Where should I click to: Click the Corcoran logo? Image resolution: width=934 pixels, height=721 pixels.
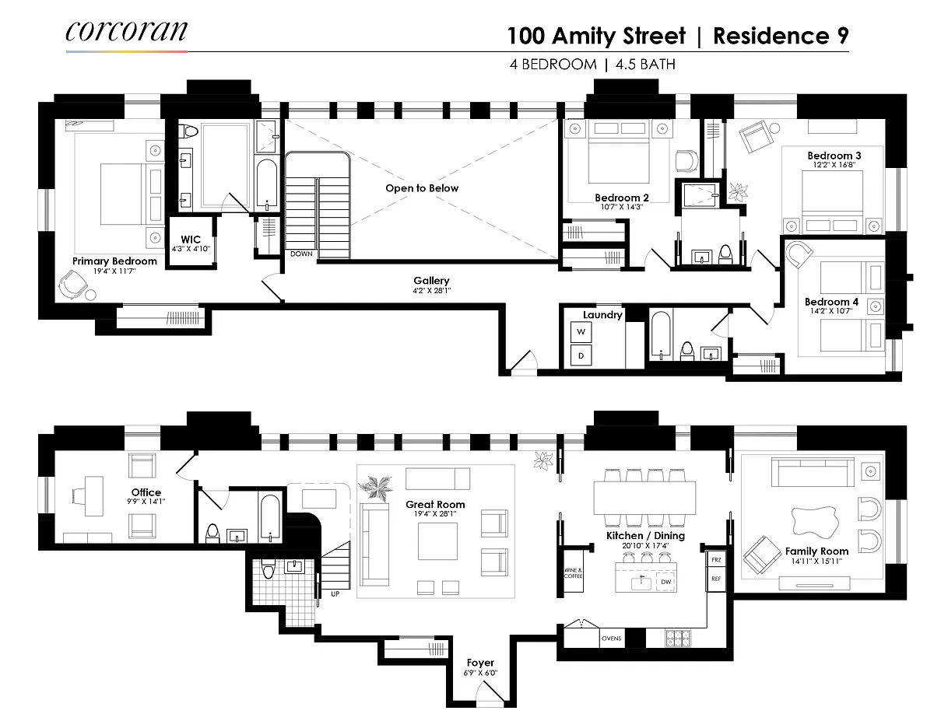tap(126, 31)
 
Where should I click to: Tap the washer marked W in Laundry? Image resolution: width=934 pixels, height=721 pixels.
tap(581, 331)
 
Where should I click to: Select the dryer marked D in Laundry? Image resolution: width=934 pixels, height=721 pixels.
tap(581, 355)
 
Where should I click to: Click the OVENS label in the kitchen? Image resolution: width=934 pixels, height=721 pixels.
tap(611, 638)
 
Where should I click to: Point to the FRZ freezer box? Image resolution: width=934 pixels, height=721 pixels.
tap(716, 560)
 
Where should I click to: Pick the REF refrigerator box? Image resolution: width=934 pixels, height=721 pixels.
tap(716, 579)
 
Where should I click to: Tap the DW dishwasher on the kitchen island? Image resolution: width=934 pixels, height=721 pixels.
tap(665, 582)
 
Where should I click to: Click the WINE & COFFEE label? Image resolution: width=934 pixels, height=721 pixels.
tap(573, 573)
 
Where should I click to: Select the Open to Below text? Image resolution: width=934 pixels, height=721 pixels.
tap(422, 188)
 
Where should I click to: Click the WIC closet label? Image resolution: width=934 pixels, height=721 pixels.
tap(191, 240)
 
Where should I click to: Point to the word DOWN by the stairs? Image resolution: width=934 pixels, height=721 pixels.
tap(301, 254)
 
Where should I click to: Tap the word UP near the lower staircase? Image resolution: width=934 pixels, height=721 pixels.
tap(335, 594)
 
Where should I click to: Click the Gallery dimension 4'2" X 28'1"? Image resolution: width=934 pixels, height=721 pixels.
tap(431, 291)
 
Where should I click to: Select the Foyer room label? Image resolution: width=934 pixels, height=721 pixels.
tap(480, 663)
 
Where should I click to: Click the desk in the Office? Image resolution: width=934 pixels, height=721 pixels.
tap(93, 496)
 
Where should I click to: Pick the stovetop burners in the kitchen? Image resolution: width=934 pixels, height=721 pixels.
tap(678, 638)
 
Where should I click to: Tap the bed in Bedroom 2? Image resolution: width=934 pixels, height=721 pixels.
tap(619, 152)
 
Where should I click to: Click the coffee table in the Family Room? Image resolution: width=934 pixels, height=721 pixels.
tap(815, 522)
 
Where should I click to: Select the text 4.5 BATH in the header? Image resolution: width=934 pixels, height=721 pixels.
tap(645, 65)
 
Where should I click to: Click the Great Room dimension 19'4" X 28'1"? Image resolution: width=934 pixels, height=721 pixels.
tap(435, 513)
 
